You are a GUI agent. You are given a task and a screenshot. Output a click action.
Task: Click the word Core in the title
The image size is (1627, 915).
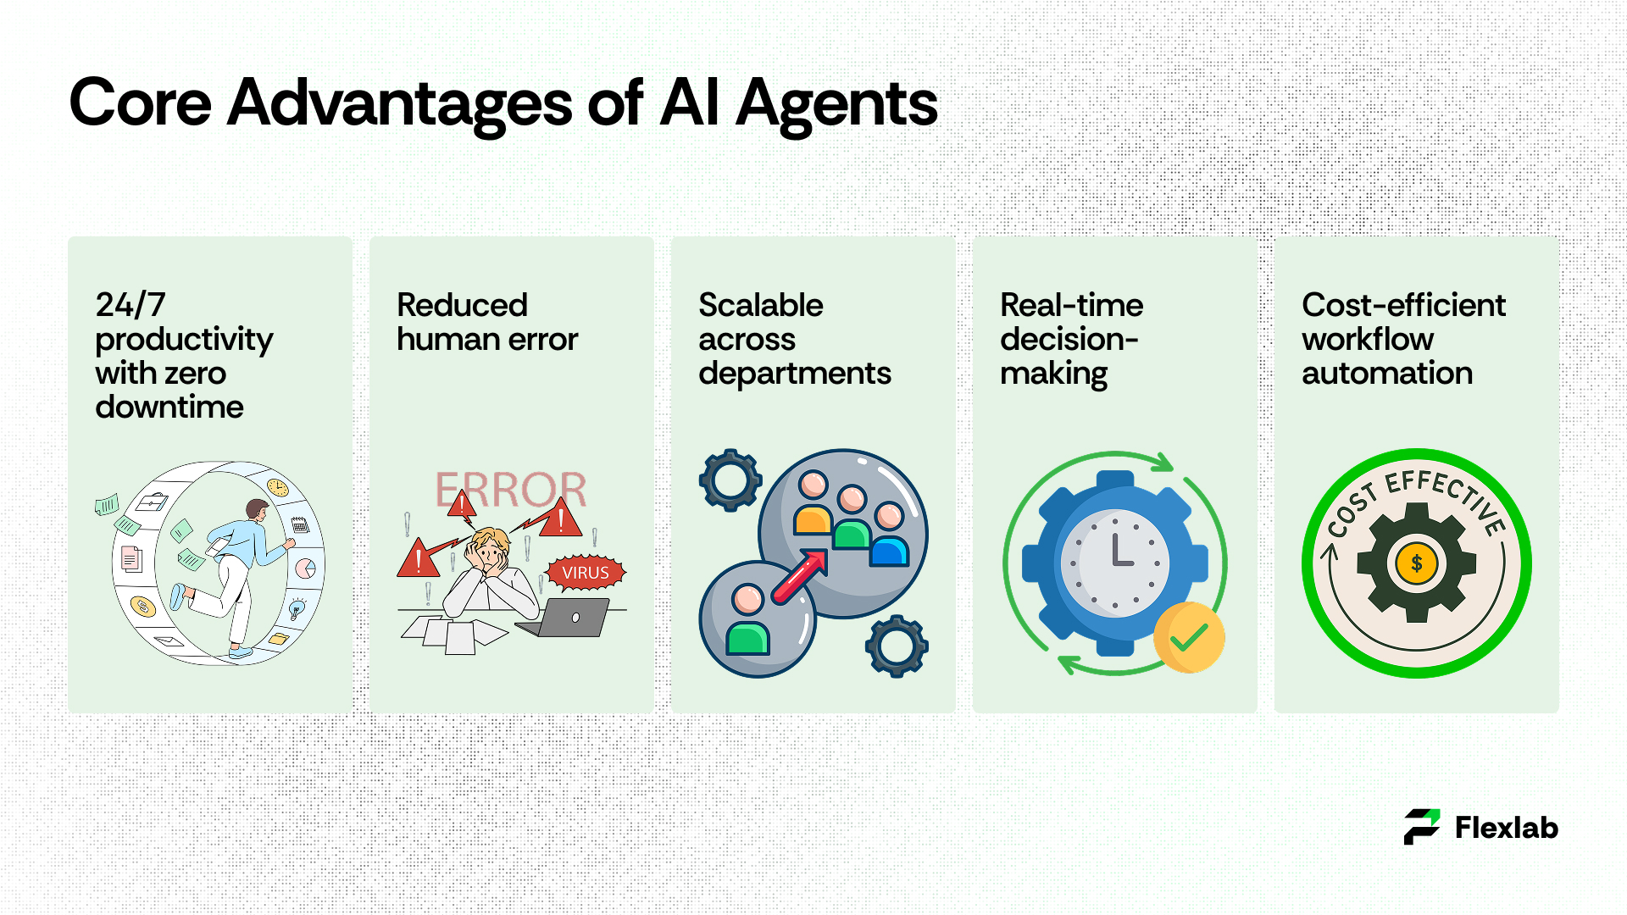point(140,103)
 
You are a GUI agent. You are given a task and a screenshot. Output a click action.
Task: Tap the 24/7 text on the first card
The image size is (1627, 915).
point(130,305)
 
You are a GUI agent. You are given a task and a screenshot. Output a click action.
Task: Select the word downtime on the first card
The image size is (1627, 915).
point(169,407)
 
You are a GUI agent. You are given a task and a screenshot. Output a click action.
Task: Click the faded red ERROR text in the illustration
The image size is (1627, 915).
point(511,490)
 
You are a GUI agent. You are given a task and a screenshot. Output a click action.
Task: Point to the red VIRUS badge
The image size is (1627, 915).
point(586,573)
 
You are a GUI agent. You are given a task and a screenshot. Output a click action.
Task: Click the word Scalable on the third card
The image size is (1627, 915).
point(761,305)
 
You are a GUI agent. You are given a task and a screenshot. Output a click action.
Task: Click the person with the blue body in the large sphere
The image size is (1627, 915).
point(889,534)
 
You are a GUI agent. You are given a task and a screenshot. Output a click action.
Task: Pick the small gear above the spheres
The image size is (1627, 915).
point(730,480)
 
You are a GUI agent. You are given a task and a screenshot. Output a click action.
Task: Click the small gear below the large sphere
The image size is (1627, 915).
point(897,646)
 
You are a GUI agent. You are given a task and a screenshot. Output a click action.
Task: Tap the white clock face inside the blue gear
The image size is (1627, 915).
point(1115,563)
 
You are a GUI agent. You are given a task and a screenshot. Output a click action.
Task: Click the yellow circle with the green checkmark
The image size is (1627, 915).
point(1189,637)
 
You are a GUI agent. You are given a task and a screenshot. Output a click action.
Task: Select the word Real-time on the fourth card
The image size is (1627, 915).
point(1072,305)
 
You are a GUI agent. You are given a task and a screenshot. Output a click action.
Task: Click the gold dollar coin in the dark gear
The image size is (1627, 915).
point(1417,563)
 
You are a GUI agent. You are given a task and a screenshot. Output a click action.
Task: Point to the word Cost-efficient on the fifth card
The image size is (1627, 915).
point(1404,305)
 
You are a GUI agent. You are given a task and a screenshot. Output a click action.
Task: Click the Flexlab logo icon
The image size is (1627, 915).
point(1422,827)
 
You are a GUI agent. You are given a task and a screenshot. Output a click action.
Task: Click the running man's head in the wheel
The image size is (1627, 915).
point(257,510)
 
